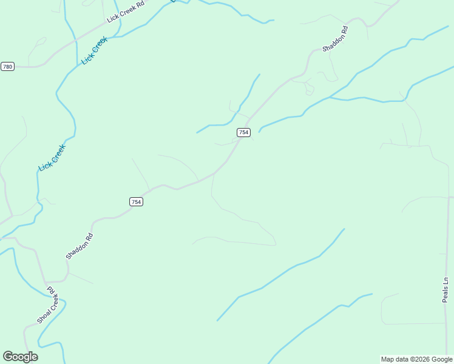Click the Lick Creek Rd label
coord(126,12)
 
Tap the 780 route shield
coord(7,66)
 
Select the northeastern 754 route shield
coord(243,132)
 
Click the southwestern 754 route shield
coord(136,201)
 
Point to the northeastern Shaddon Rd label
coord(335,38)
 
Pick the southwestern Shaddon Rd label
coord(80,246)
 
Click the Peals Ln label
coord(445,289)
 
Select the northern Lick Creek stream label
coord(94,50)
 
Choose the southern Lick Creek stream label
coord(52,157)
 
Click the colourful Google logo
coord(20,357)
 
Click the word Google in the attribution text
coord(442,359)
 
